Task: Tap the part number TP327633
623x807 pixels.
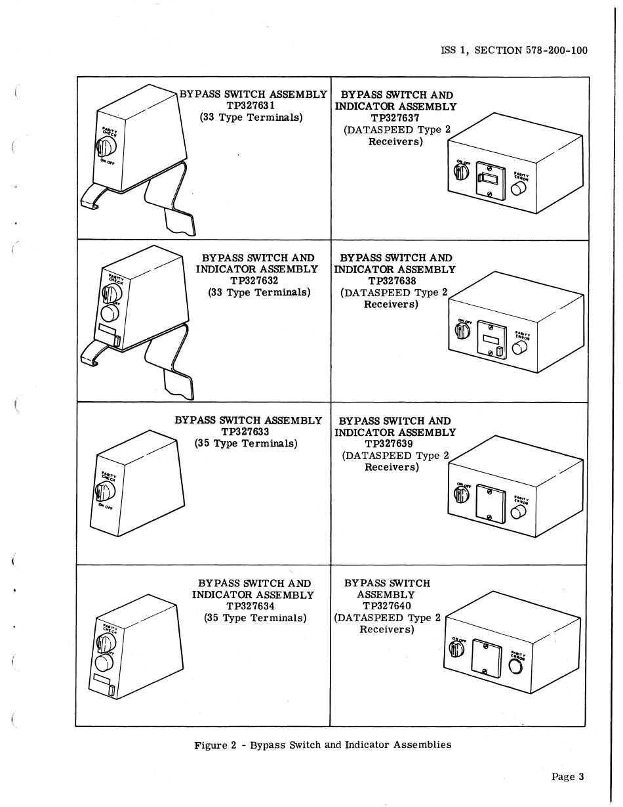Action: [x=245, y=431]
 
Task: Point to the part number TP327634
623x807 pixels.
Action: [x=251, y=606]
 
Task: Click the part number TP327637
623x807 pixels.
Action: [x=395, y=118]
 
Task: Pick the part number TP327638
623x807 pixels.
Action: [x=393, y=281]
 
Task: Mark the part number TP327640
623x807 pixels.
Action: [x=386, y=606]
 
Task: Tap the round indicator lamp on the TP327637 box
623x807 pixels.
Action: [x=519, y=189]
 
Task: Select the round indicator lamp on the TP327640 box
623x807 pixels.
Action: [x=515, y=666]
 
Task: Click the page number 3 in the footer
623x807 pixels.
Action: [x=580, y=777]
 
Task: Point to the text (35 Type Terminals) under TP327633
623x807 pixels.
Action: [x=246, y=443]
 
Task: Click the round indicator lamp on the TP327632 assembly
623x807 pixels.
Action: [x=107, y=311]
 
